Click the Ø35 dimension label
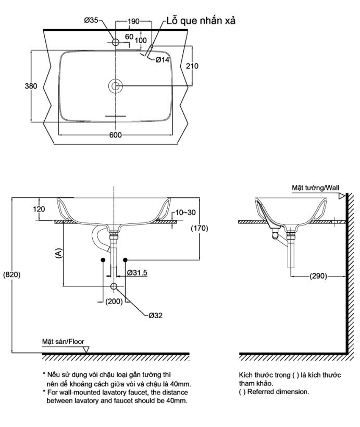(91, 21)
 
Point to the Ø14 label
(163, 60)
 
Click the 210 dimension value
(192, 66)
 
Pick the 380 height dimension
(31, 86)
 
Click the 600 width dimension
(116, 135)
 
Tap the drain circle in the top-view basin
(115, 86)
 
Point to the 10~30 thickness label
(186, 212)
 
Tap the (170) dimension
(199, 228)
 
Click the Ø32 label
(156, 315)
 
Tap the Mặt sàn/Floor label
(63, 342)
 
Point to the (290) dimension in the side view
(318, 276)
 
